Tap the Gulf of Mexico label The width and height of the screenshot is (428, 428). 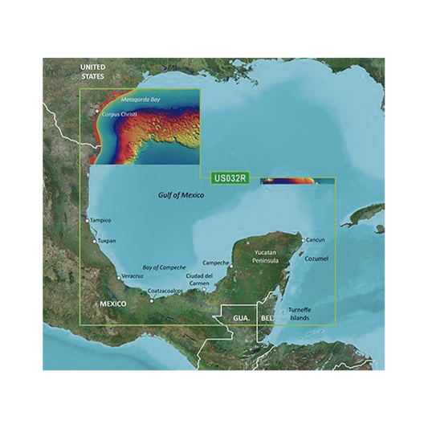click(x=181, y=195)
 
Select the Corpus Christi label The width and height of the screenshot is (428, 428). click(x=121, y=114)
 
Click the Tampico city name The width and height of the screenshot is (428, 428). click(x=100, y=220)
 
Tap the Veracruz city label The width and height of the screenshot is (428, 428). click(x=134, y=277)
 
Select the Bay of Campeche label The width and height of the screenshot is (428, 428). click(x=164, y=267)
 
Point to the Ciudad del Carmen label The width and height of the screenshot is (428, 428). click(x=199, y=280)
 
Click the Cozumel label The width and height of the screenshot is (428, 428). click(x=317, y=259)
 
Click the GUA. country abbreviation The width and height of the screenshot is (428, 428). click(x=242, y=318)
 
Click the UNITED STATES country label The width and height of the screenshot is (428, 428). click(x=92, y=72)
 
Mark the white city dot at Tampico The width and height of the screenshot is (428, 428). click(x=87, y=218)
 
